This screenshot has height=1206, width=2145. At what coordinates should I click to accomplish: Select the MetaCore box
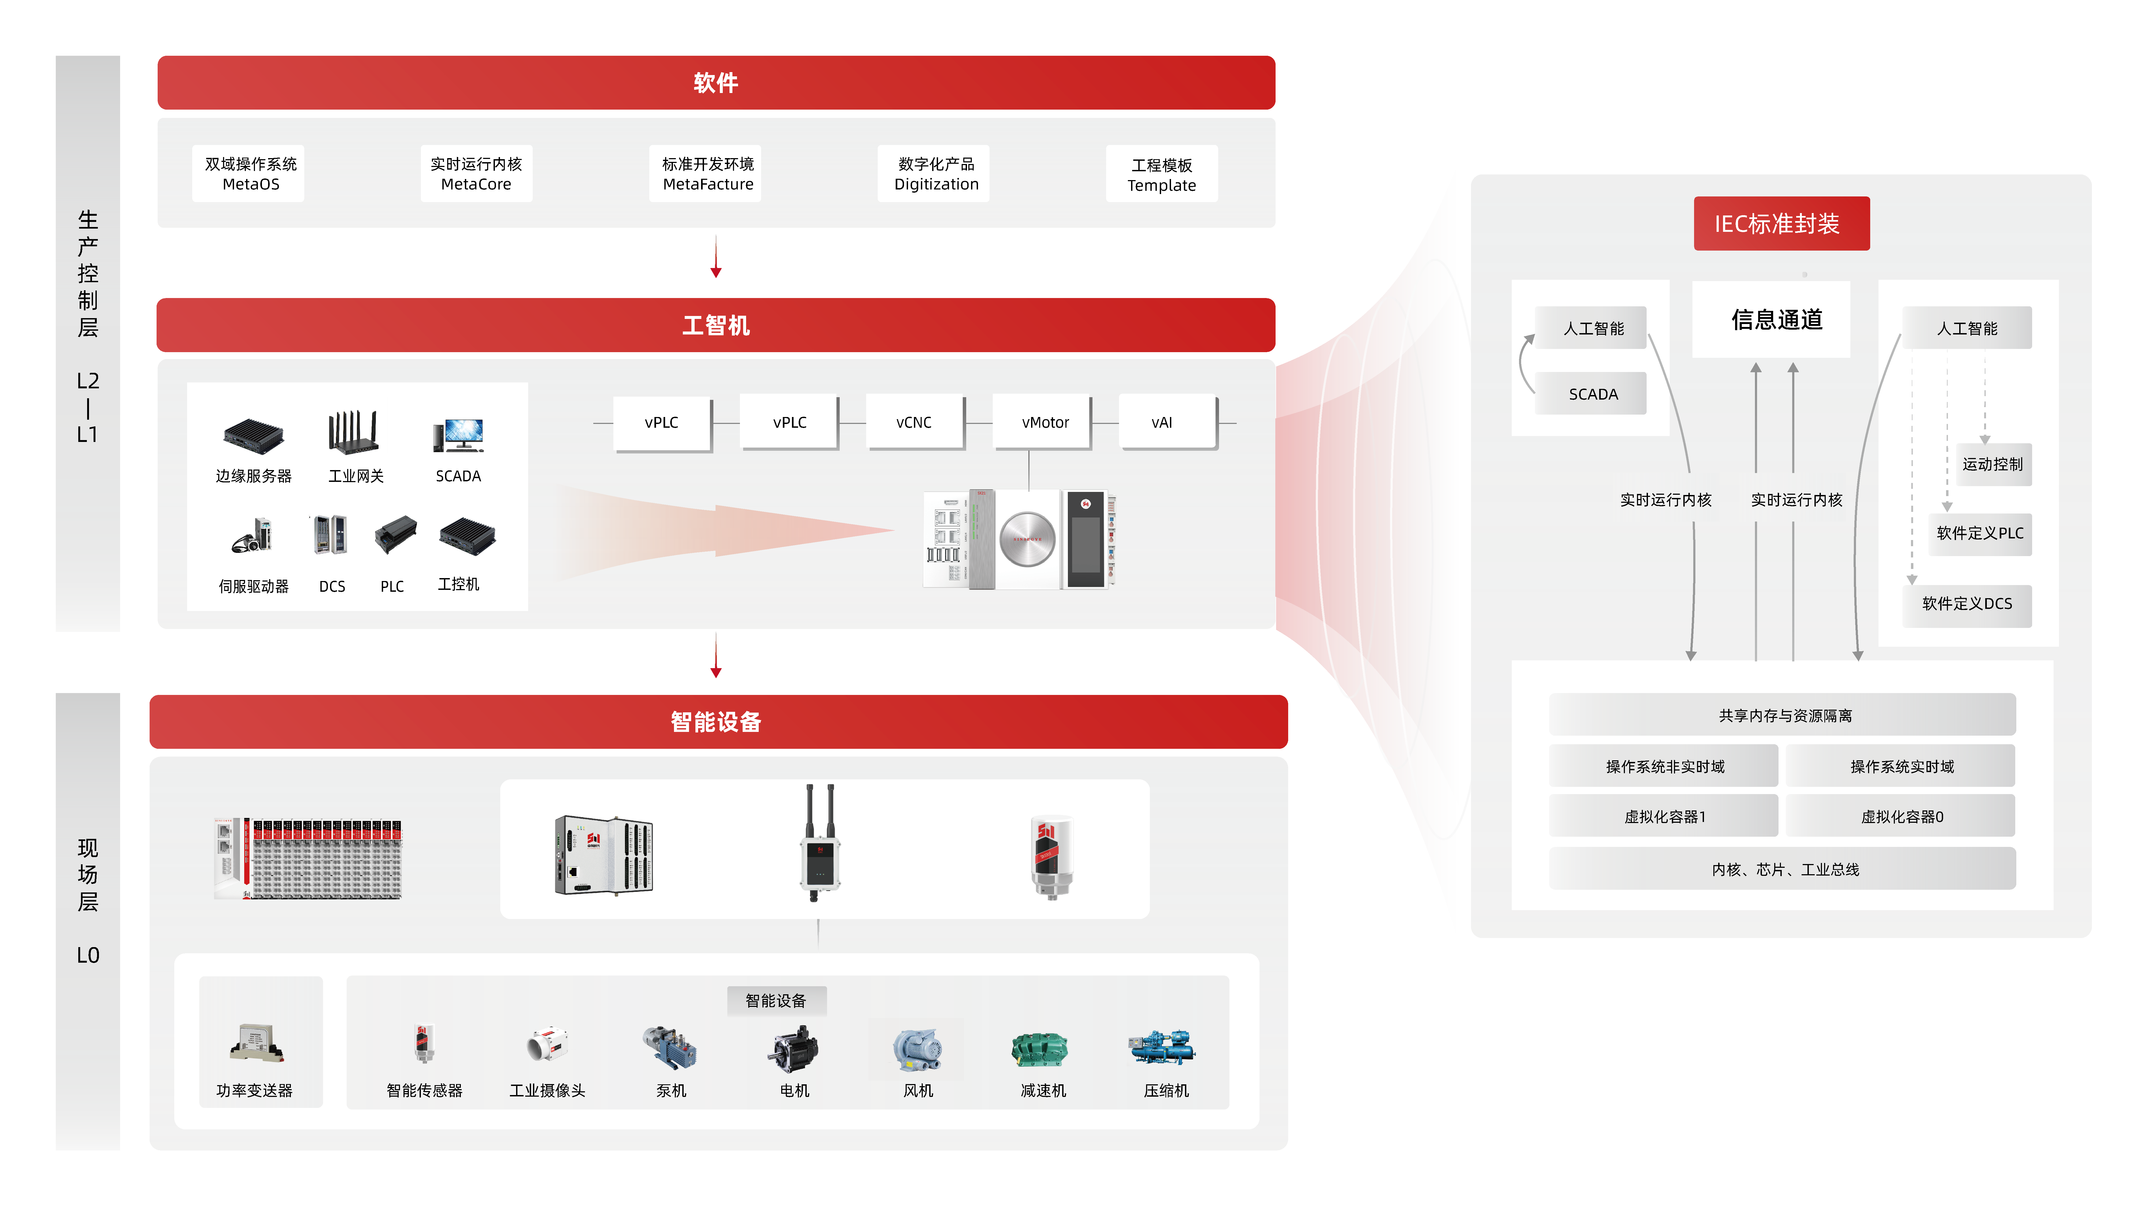[476, 173]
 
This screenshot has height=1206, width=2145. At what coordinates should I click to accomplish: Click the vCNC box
[913, 422]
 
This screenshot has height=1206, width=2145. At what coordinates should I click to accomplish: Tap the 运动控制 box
[1992, 464]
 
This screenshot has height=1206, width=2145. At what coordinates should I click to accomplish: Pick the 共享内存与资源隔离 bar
[1782, 715]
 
